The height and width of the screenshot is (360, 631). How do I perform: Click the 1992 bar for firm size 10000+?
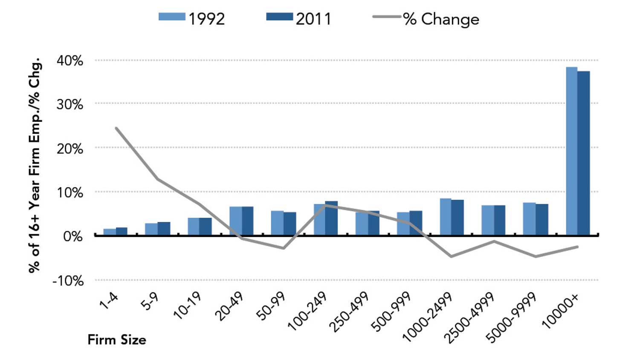571,151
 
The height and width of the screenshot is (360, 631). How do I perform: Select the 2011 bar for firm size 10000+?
584,153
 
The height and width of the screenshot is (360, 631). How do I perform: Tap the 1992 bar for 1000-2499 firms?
446,217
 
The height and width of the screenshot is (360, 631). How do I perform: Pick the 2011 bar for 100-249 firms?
331,218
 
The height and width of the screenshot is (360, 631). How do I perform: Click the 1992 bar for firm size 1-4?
110,232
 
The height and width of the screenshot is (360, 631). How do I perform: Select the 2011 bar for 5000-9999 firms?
542,219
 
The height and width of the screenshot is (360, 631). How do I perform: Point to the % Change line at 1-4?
116,128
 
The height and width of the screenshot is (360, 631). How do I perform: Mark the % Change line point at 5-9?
158,179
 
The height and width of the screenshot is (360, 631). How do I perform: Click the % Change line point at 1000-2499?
451,256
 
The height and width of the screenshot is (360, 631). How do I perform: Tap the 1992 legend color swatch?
172,17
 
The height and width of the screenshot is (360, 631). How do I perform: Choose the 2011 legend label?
313,19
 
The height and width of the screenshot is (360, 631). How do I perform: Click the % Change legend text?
441,19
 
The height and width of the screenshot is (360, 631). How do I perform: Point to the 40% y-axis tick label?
70,60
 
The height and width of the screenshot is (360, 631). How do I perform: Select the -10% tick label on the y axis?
68,281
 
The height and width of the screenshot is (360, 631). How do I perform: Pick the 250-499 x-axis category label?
349,311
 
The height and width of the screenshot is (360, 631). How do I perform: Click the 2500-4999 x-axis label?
469,317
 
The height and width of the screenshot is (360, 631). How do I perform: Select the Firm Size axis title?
117,340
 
